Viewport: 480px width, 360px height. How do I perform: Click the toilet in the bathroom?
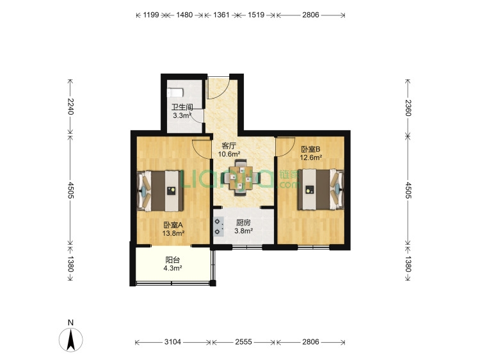175,92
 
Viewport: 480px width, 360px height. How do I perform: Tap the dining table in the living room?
241,177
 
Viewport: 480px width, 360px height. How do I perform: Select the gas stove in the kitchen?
218,226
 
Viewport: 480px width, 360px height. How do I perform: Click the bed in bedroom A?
161,191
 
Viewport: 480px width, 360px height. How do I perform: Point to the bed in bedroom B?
321,190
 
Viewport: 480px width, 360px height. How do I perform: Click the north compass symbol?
71,340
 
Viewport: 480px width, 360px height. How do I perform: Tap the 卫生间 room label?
182,107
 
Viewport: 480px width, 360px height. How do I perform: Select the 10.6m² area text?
228,154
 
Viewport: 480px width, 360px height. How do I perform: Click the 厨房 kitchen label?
243,223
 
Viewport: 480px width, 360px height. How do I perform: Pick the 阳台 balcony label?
173,260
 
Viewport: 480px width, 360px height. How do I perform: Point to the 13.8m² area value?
173,233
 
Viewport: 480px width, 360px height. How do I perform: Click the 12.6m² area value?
310,158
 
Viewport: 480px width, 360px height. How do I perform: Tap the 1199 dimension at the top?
151,15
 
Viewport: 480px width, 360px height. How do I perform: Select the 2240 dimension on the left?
70,106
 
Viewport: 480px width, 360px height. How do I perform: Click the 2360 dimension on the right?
408,108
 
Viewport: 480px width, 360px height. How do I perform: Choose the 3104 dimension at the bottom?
173,341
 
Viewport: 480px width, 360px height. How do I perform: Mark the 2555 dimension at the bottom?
243,341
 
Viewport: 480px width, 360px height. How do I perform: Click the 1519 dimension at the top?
256,15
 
